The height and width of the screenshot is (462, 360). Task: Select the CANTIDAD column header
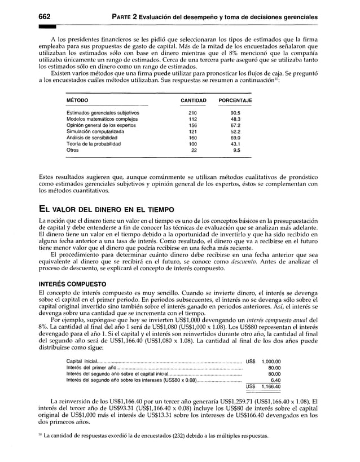pos(193,100)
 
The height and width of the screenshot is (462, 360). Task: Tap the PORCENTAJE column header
pos(235,100)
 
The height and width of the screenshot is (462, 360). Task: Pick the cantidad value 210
pos(192,113)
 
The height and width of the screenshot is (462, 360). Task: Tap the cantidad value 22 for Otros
pos(194,151)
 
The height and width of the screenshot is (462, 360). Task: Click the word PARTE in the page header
pos(128,17)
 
